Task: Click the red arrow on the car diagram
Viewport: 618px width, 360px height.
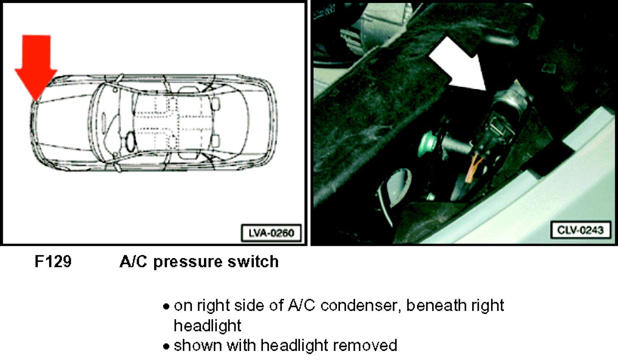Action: tap(36, 66)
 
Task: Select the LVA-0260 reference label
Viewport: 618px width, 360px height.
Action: tap(271, 233)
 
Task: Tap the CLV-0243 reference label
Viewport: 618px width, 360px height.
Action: tap(581, 230)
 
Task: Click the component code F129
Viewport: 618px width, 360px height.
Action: tap(53, 262)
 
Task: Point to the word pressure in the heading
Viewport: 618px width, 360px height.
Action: tap(187, 262)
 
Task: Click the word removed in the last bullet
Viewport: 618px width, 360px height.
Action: tap(365, 346)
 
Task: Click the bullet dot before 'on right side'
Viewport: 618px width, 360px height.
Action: tap(166, 306)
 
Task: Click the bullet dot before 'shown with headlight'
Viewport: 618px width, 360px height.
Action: tap(166, 346)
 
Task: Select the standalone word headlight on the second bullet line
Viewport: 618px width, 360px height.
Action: tap(208, 325)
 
